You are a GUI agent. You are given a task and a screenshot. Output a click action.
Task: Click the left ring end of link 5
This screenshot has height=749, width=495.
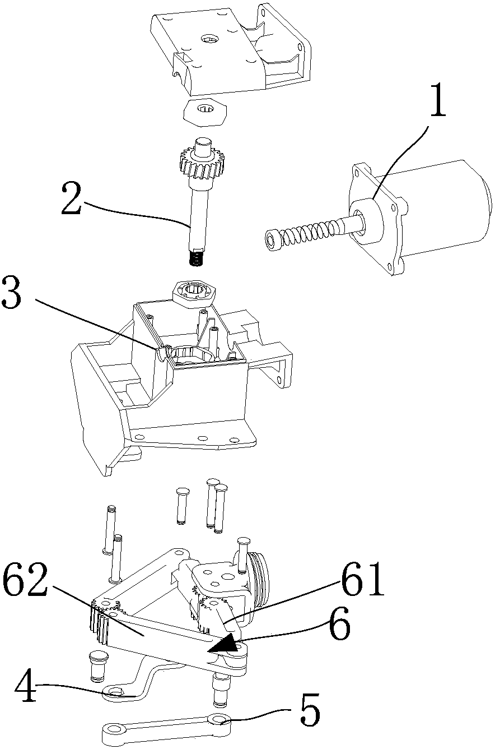coord(115,729)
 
